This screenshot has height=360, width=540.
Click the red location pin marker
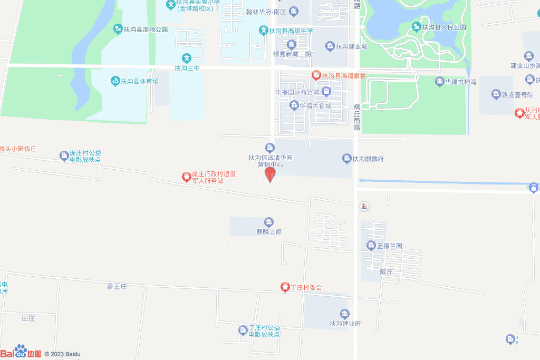click(270, 174)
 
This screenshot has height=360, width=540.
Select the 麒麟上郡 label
click(269, 231)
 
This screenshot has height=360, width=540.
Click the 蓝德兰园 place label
click(389, 246)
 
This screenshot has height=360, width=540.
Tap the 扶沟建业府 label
click(345, 324)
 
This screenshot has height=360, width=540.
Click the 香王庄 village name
click(117, 287)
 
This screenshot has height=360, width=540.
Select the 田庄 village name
click(28, 318)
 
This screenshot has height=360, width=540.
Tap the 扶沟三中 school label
click(187, 68)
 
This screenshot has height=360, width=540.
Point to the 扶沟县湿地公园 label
click(145, 30)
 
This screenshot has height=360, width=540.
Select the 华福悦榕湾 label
click(460, 82)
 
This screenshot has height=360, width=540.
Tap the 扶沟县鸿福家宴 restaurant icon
click(316, 75)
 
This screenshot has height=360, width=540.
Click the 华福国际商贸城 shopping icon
click(326, 92)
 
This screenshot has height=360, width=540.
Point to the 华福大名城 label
click(315, 105)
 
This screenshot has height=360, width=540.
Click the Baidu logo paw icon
click(21, 350)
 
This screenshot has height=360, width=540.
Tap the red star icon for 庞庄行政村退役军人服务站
click(186, 177)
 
